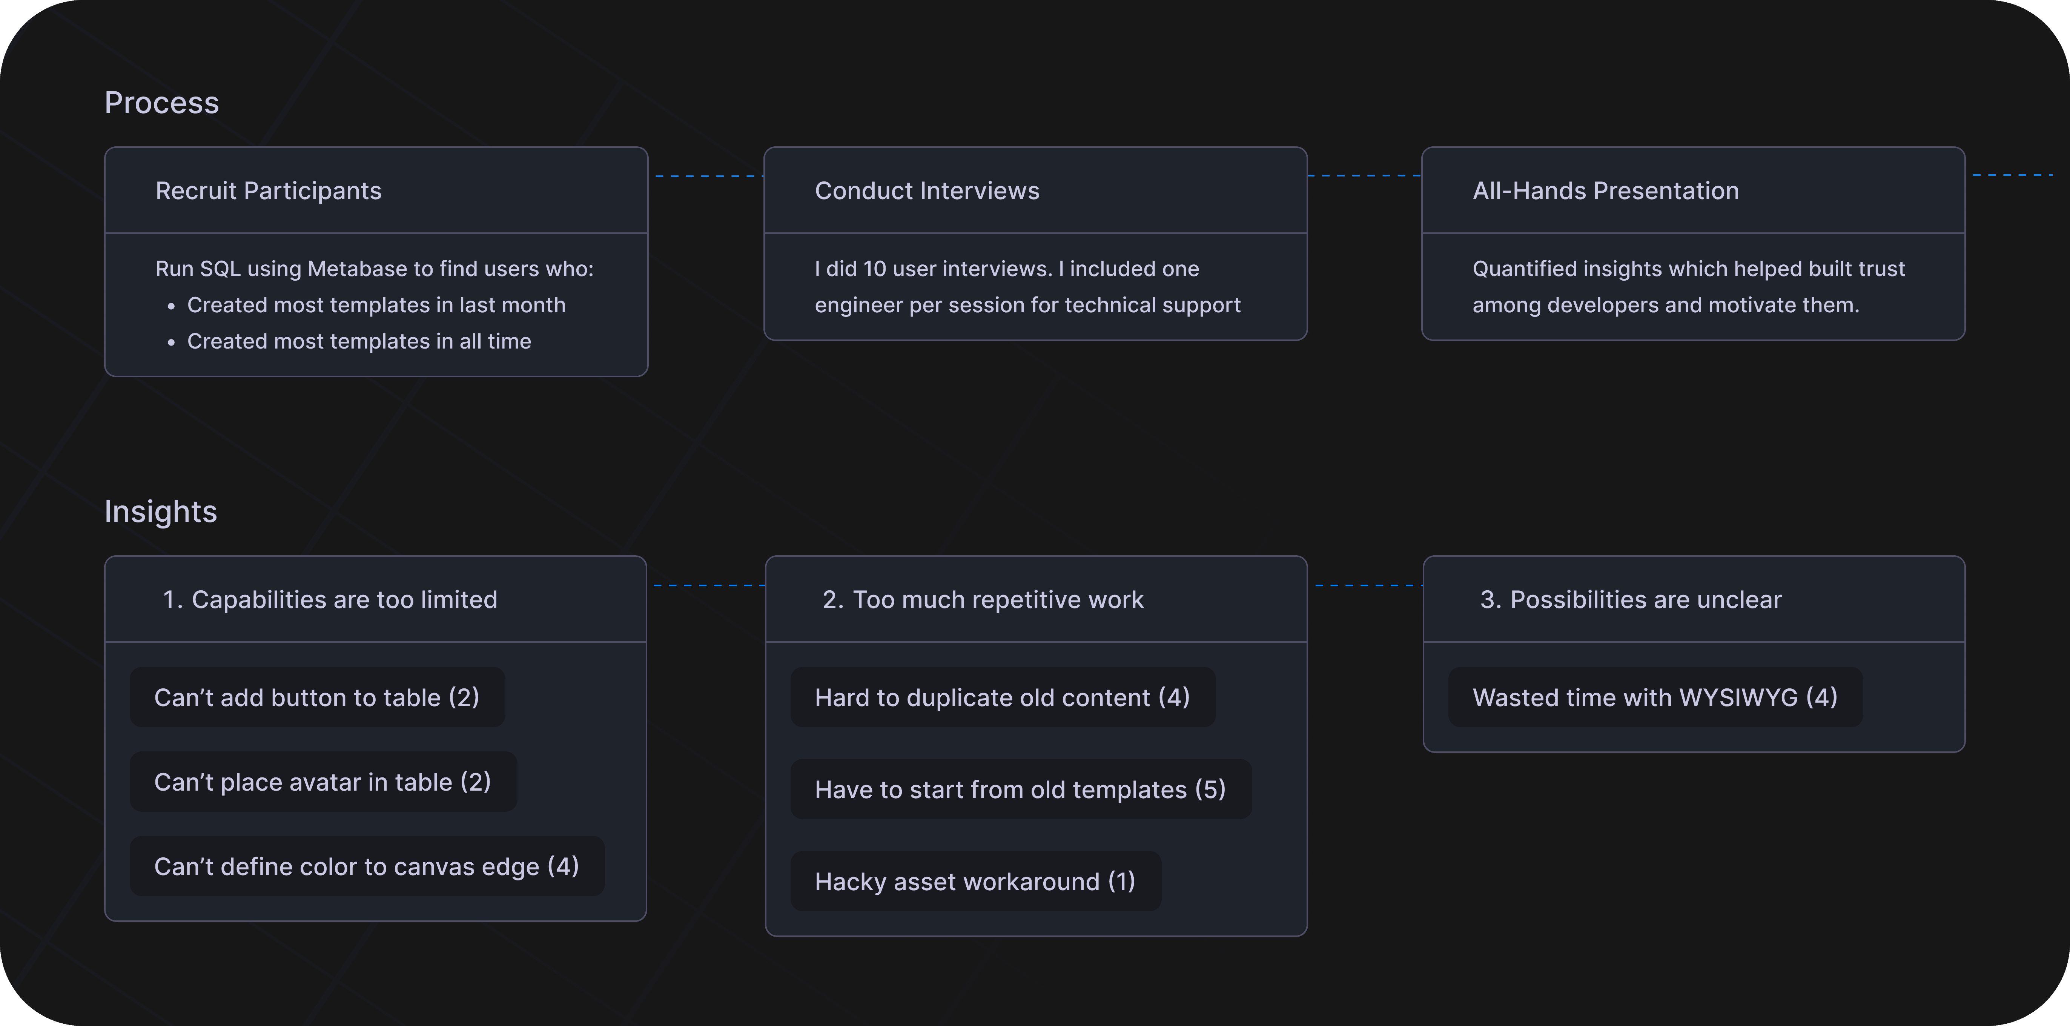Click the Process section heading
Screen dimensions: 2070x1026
(161, 103)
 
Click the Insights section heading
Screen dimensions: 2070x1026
(161, 512)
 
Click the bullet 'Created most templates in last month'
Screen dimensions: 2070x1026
(376, 305)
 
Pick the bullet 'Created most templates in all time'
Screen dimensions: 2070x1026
(359, 341)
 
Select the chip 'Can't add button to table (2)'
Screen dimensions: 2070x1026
(318, 697)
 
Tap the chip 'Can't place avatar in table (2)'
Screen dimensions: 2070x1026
(323, 782)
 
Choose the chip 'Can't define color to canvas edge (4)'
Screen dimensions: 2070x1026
(367, 866)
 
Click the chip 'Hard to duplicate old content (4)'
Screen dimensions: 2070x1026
(1003, 697)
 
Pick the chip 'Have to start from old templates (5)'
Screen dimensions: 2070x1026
(1021, 789)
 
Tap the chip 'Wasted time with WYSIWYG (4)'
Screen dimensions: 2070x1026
(1655, 697)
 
